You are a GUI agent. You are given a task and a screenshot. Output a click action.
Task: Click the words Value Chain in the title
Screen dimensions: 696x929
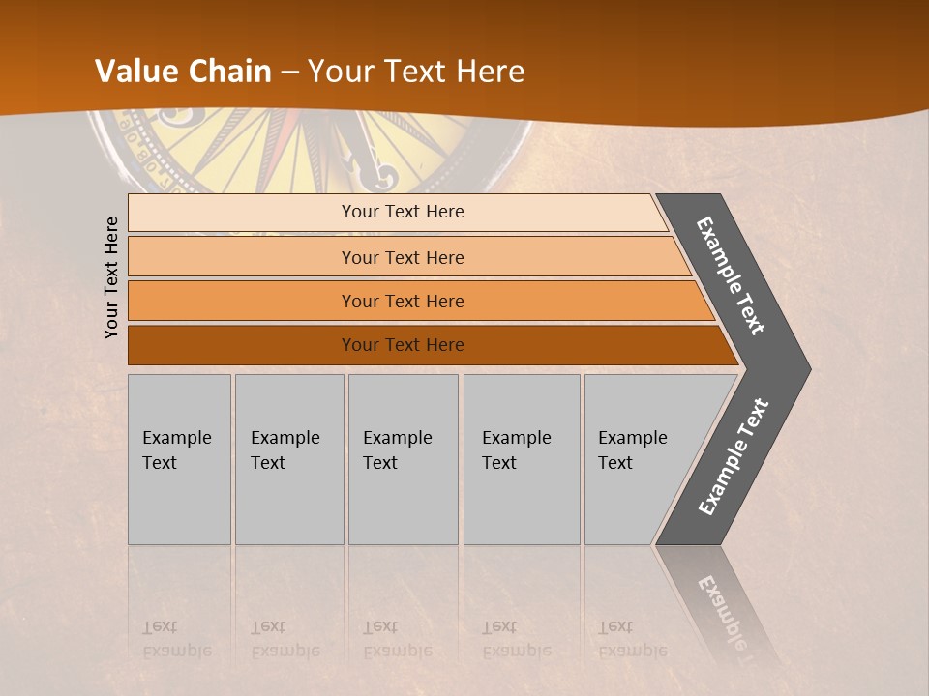click(x=183, y=72)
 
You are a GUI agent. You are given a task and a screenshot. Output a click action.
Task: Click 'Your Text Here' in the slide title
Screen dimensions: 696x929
click(x=416, y=72)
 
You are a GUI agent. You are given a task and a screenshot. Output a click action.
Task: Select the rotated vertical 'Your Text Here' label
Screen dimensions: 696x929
click(x=112, y=277)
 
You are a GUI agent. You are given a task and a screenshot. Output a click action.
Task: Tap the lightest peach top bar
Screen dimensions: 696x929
click(x=402, y=212)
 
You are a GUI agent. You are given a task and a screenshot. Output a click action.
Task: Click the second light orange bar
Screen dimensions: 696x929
click(x=402, y=257)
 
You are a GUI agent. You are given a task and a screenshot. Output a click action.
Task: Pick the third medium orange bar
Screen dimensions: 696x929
click(x=402, y=301)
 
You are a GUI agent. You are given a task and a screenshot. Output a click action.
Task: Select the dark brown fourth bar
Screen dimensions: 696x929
click(x=402, y=345)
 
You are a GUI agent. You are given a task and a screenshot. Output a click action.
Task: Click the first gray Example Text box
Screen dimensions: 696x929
click(x=179, y=458)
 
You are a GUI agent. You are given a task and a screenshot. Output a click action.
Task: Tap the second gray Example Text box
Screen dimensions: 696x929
click(x=288, y=458)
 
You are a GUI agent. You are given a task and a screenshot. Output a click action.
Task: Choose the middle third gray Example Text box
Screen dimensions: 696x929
click(x=403, y=458)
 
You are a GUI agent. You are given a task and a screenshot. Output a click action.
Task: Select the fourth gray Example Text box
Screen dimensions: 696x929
click(x=522, y=458)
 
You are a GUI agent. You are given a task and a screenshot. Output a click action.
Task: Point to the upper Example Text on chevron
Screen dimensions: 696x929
click(x=732, y=275)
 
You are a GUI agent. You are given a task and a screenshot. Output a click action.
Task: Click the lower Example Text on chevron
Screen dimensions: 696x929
click(x=734, y=457)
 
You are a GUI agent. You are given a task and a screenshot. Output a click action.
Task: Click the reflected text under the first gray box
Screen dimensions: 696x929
click(x=176, y=639)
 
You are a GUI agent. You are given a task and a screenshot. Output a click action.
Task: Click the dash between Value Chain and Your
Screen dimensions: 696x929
click(x=289, y=72)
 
